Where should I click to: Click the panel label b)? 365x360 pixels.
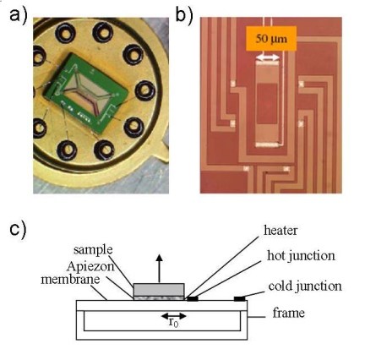pyautogui.click(x=184, y=14)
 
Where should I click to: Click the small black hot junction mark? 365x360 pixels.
pyautogui.click(x=194, y=297)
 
